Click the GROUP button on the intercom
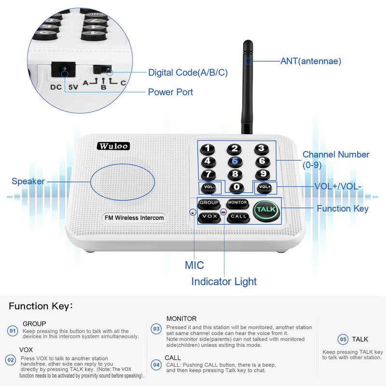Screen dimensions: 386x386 209,203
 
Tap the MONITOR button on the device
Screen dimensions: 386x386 237,203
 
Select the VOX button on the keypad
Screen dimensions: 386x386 209,217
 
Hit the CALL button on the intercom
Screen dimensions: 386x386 238,217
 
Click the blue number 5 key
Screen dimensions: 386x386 235,162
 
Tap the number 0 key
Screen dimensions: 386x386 236,187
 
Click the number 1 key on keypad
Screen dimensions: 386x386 207,149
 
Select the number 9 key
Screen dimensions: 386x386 262,174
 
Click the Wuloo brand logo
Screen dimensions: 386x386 112,146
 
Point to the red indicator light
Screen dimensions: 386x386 223,211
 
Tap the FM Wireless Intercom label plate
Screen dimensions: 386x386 134,218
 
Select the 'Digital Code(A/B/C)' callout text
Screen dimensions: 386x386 188,72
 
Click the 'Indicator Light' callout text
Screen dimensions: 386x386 224,282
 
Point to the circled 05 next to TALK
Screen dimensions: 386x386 343,339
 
